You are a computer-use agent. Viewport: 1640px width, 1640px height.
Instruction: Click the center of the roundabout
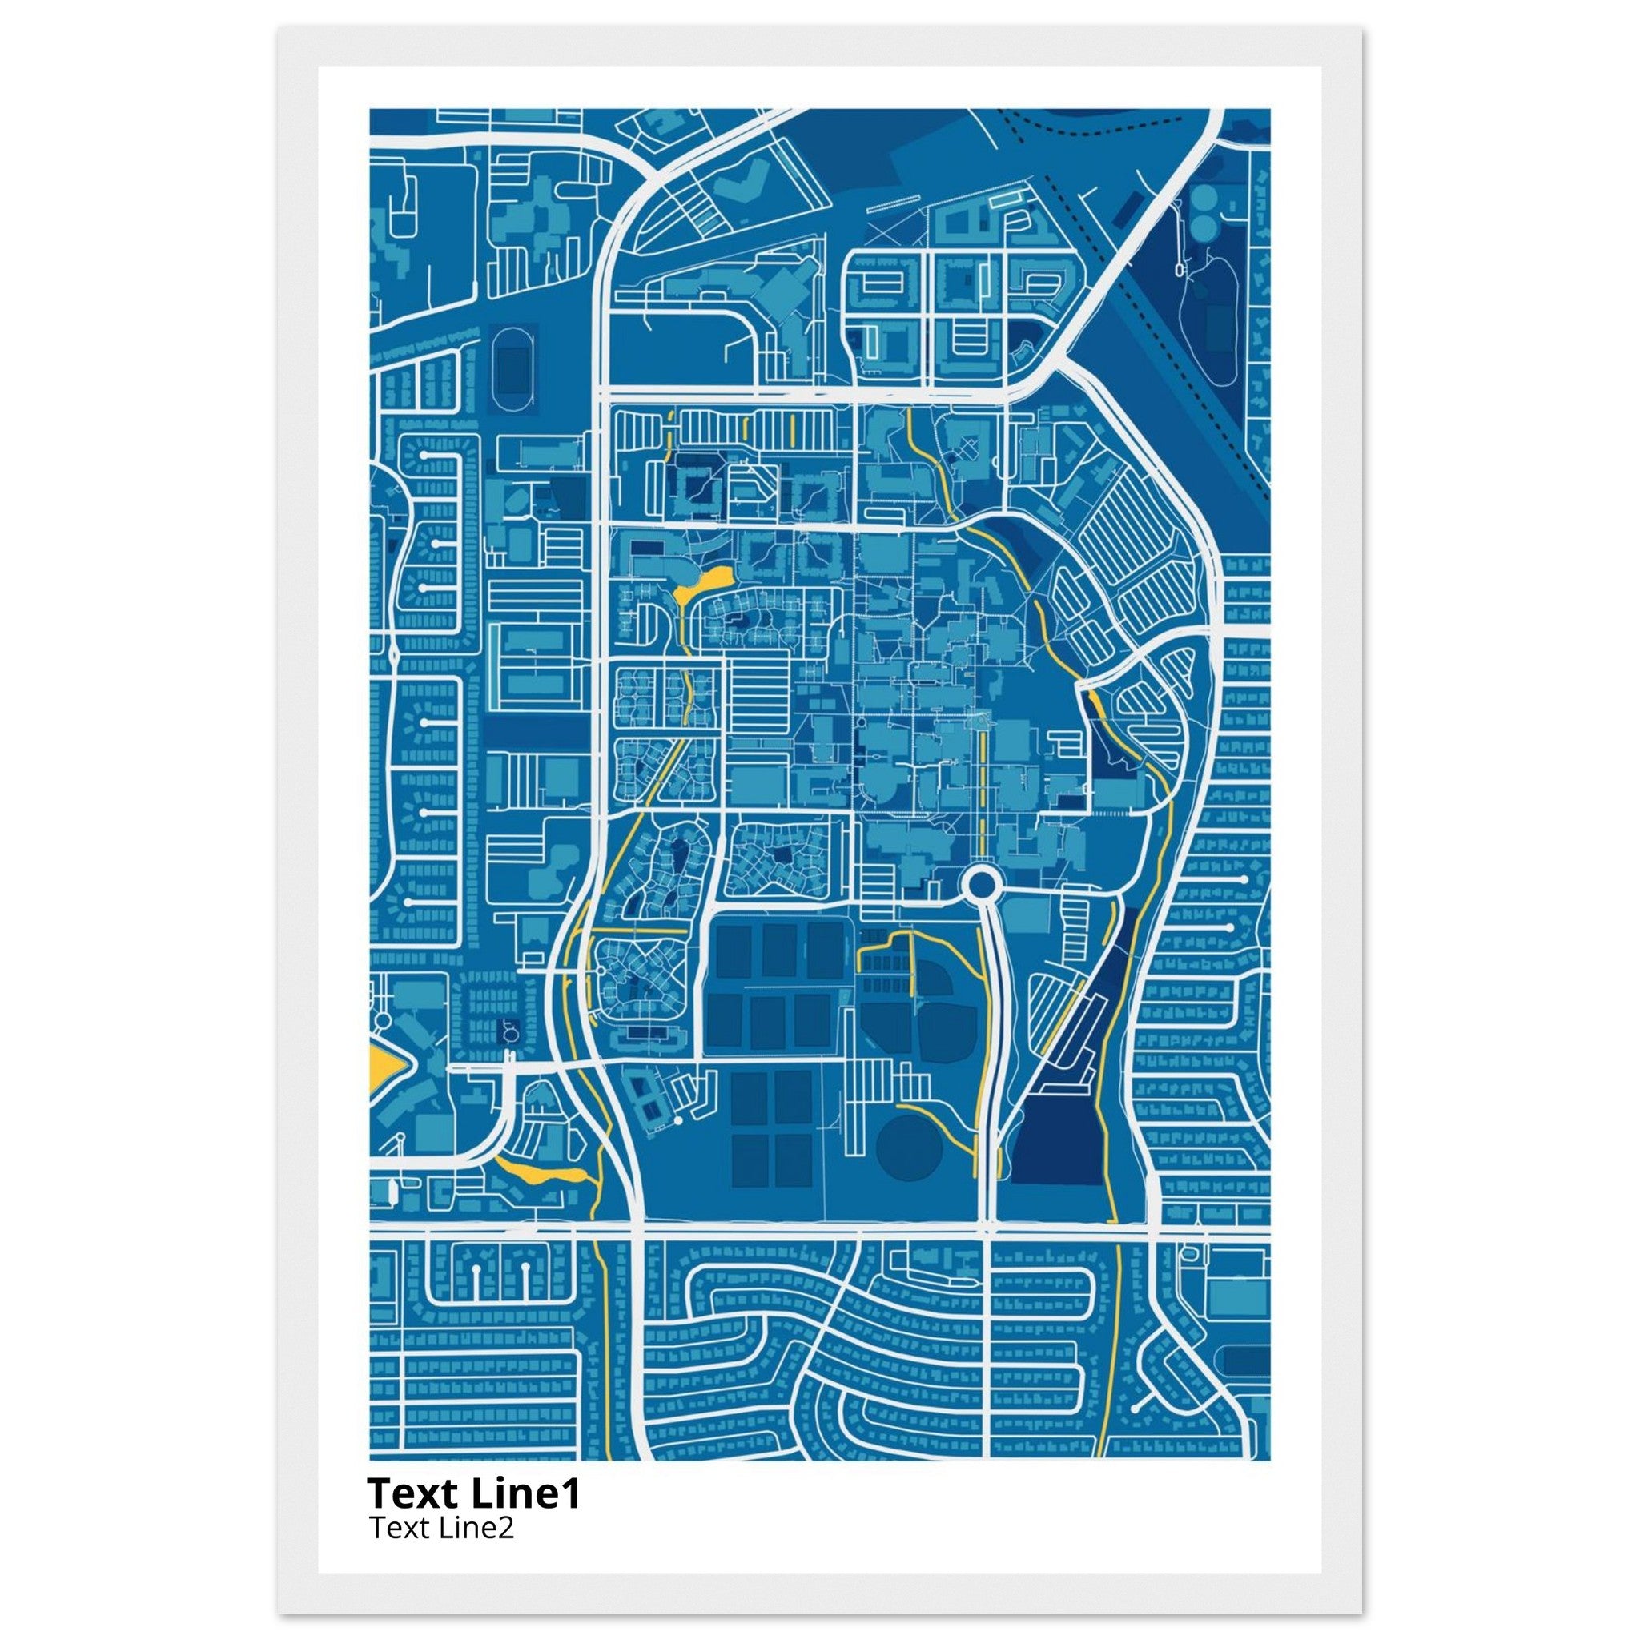coord(980,886)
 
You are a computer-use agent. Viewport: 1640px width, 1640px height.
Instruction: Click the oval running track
coord(510,371)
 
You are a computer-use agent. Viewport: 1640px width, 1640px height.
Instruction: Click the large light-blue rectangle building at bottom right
coord(1235,1314)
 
